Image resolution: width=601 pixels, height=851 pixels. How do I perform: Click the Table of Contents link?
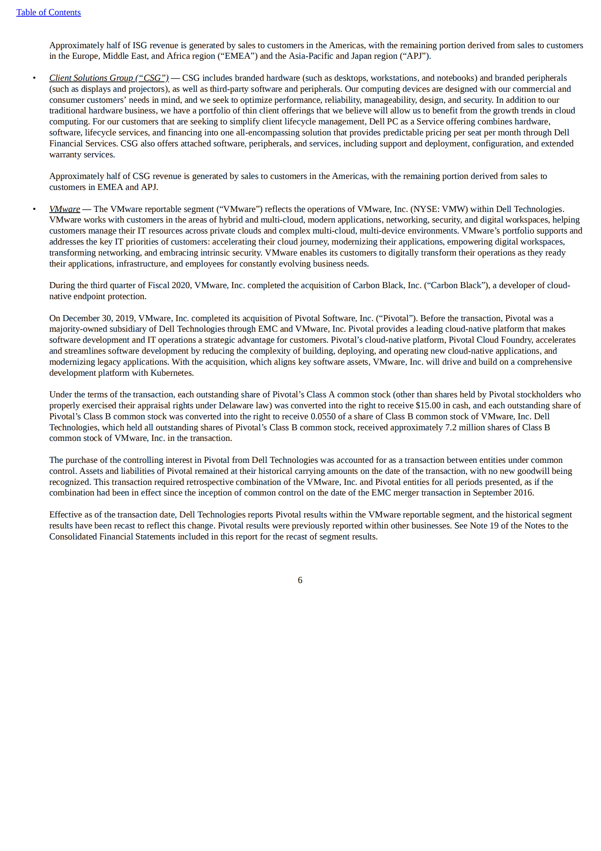click(x=48, y=13)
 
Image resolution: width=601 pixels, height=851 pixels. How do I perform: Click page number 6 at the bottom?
click(x=300, y=580)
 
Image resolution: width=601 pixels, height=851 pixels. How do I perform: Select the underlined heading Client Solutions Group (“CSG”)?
click(x=109, y=78)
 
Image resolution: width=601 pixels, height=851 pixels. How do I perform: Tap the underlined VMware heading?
click(x=64, y=209)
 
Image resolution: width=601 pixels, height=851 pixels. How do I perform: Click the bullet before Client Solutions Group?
click(x=34, y=78)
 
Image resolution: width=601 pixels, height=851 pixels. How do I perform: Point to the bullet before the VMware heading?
click(x=34, y=209)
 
